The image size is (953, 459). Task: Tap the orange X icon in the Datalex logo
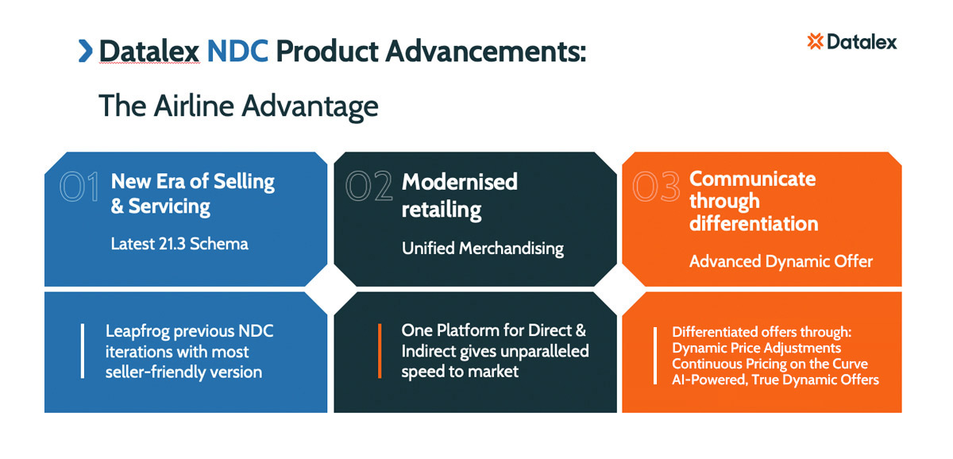point(814,41)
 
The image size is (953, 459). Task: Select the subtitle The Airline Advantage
point(238,106)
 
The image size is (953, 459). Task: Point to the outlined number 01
point(79,187)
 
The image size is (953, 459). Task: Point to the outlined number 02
point(369,187)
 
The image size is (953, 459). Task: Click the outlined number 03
point(657,187)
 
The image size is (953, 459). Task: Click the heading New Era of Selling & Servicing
point(192,194)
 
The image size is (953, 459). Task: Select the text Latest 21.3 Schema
point(179,244)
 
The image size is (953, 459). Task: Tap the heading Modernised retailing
point(459,195)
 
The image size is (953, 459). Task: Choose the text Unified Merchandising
point(482,249)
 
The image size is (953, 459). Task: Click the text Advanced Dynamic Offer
point(781,261)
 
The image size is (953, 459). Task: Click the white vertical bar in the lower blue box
point(83,351)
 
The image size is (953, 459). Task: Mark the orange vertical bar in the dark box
point(380,351)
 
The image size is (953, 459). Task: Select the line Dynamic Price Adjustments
point(756,348)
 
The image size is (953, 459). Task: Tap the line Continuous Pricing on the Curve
point(770,364)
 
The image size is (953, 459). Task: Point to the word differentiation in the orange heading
point(753,224)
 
